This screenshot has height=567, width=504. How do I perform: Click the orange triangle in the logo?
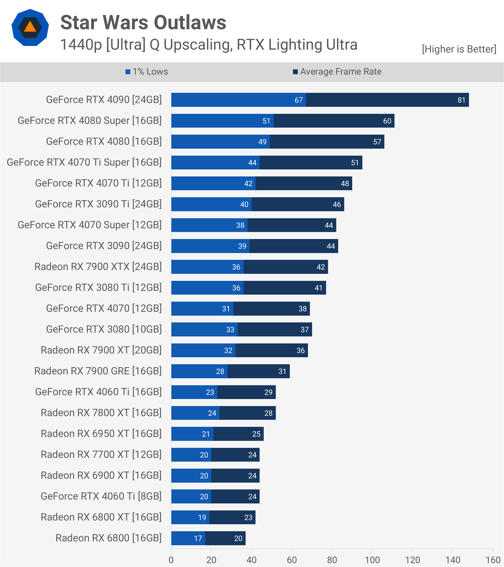point(30,27)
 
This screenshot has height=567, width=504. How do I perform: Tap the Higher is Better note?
point(459,49)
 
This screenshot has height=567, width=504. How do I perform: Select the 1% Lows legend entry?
point(147,72)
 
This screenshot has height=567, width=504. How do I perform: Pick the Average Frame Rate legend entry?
point(337,72)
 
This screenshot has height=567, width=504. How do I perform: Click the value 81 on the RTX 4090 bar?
point(461,100)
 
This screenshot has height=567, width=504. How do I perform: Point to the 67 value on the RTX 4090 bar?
point(299,100)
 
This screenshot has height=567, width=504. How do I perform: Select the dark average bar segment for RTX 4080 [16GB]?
point(327,141)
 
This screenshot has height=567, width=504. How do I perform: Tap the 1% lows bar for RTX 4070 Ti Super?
point(216,163)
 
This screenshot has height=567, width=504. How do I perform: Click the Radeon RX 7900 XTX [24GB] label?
point(98,267)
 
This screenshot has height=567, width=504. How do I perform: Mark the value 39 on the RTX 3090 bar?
point(242,246)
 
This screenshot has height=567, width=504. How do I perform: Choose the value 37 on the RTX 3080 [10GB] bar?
point(305,330)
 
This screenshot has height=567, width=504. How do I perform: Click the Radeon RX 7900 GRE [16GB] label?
point(98,371)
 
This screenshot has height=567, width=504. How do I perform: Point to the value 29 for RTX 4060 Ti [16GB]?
point(268,392)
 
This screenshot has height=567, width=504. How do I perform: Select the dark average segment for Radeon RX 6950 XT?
point(239,434)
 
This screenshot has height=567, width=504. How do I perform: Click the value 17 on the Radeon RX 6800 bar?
point(198,538)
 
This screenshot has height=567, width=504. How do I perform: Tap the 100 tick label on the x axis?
point(372,560)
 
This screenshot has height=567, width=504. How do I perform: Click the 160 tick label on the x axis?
point(493,560)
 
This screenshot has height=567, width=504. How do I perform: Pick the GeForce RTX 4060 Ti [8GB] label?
point(101,496)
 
